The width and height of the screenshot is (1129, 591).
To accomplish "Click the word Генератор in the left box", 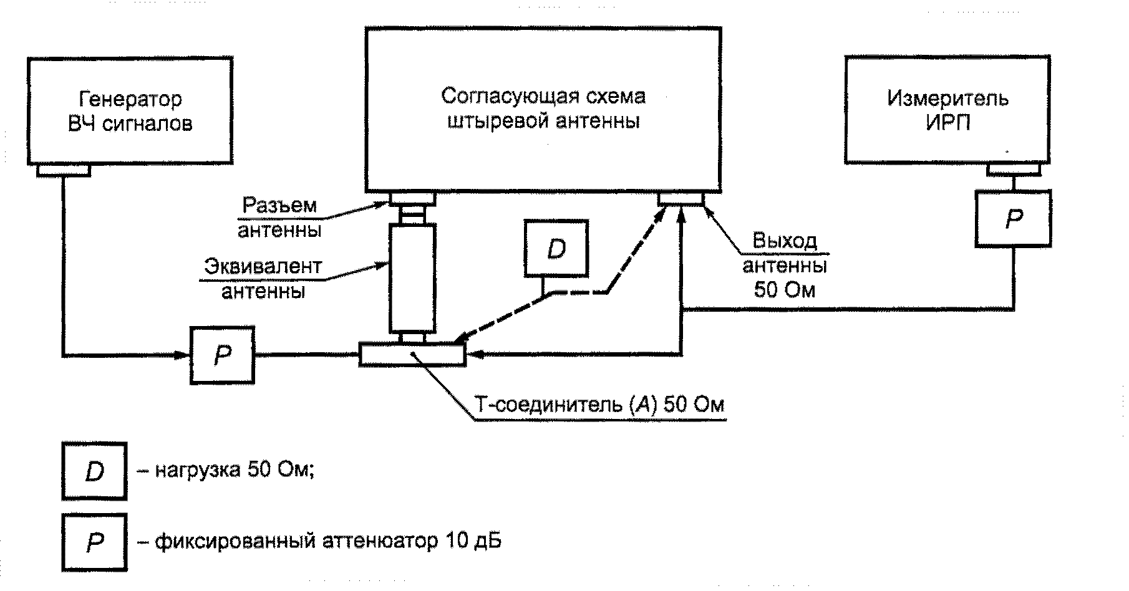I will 130,99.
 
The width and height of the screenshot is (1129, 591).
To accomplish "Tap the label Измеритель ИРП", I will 947,110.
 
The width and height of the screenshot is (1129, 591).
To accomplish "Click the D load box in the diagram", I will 556,248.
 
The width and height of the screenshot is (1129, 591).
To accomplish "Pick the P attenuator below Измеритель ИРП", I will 1013,218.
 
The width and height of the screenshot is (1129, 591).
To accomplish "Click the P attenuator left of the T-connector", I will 222,354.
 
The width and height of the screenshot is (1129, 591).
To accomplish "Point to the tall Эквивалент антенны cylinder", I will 412,279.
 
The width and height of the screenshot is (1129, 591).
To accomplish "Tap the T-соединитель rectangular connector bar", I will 412,354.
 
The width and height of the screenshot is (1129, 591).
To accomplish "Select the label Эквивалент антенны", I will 263,279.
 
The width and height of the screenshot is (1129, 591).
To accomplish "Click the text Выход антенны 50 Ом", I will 785,266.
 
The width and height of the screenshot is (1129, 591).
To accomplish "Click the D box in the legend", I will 94,471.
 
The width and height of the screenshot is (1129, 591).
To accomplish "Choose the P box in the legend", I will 94,542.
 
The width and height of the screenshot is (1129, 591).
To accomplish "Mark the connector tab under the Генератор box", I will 64,170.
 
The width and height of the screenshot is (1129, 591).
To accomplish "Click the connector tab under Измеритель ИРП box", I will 1014,170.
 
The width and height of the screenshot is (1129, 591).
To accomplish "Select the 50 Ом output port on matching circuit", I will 681,199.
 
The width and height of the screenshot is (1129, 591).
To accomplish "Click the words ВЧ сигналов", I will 130,123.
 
